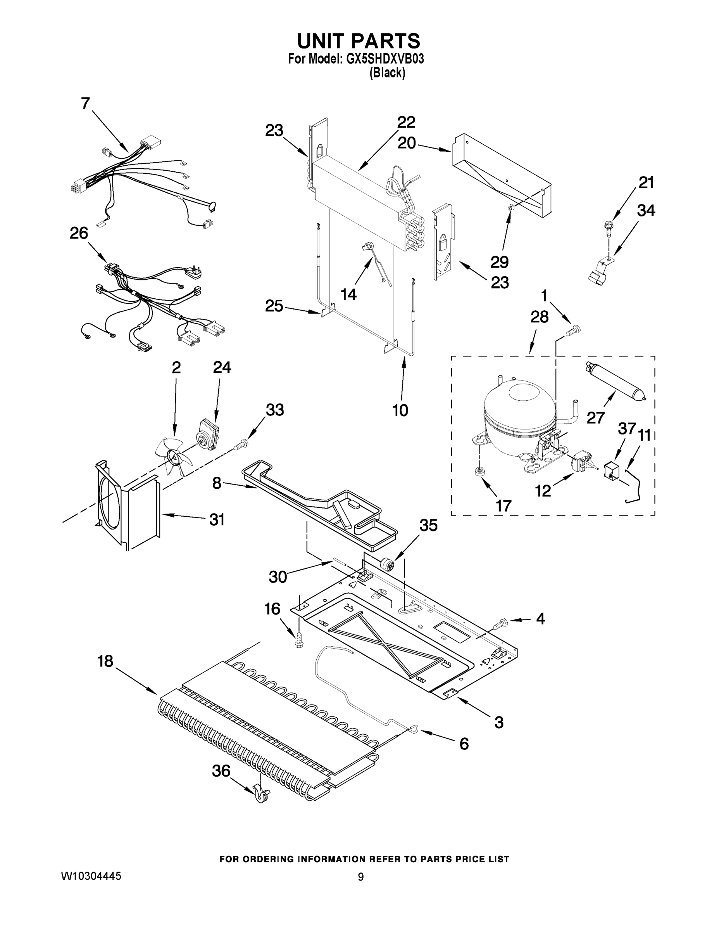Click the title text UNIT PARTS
[x=358, y=42]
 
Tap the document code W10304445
[x=91, y=876]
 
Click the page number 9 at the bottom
[x=360, y=877]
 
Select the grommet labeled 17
[x=479, y=471]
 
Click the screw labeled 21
[x=607, y=225]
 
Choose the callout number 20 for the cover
[x=406, y=143]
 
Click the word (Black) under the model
[x=387, y=73]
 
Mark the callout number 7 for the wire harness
[x=86, y=103]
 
